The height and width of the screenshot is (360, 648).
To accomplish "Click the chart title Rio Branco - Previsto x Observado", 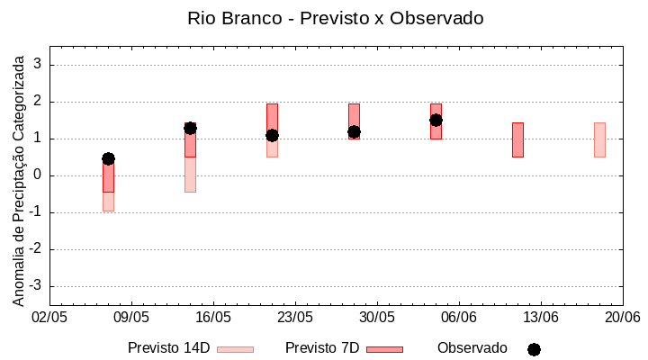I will [335, 18].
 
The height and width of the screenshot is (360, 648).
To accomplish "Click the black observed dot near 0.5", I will [108, 158].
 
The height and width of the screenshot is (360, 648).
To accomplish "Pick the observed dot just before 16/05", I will [190, 128].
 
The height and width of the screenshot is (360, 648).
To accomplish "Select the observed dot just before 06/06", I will [436, 120].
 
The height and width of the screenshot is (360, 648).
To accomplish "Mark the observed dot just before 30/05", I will [354, 131].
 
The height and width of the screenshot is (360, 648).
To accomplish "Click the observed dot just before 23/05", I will [272, 135].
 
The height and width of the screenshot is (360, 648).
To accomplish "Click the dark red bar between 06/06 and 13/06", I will [517, 139].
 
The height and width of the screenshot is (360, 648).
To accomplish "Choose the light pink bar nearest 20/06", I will [599, 139].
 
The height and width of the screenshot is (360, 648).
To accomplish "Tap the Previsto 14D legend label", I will [168, 348].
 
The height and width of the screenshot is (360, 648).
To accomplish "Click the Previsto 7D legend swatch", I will [384, 349].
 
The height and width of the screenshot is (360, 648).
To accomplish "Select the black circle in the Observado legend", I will [534, 349].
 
